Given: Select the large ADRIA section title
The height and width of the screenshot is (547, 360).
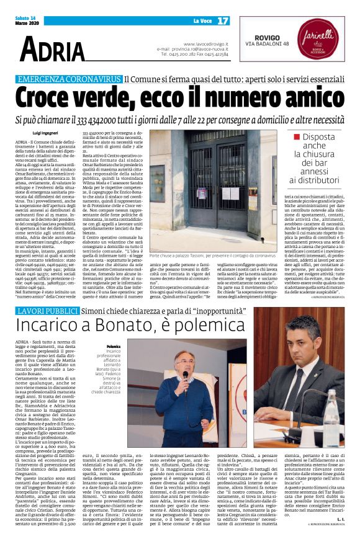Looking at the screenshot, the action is click(x=52, y=50).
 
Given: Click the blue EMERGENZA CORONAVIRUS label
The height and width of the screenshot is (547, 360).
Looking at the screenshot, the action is click(x=69, y=80).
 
